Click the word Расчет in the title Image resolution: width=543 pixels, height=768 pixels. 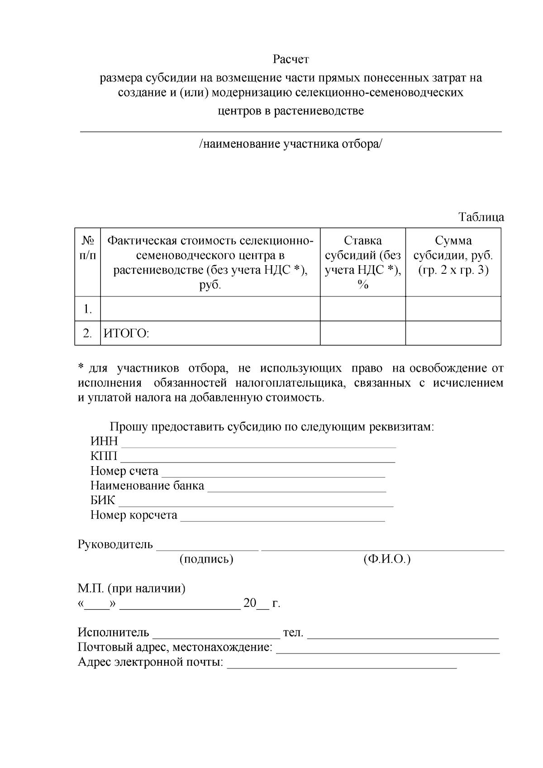pyautogui.click(x=291, y=59)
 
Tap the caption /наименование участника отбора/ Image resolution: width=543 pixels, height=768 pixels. pyautogui.click(x=291, y=144)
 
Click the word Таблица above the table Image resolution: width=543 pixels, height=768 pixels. pyautogui.click(x=481, y=217)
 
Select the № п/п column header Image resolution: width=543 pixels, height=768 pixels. pyautogui.click(x=88, y=248)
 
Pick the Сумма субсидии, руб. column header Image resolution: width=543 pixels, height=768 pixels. pyautogui.click(x=453, y=255)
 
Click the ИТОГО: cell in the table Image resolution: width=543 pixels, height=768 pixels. pyautogui.click(x=127, y=334)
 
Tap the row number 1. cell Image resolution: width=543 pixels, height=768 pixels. pyautogui.click(x=88, y=309)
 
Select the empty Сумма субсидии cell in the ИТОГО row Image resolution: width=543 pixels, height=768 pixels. pyautogui.click(x=453, y=333)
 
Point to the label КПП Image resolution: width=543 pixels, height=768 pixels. pyautogui.click(x=104, y=456)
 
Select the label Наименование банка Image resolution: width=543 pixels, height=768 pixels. pyautogui.click(x=147, y=486)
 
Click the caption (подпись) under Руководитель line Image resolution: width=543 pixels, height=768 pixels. pyautogui.click(x=206, y=559)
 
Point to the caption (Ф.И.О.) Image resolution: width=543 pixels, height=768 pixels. pyautogui.click(x=386, y=559)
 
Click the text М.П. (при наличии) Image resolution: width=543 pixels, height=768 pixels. pyautogui.click(x=132, y=589)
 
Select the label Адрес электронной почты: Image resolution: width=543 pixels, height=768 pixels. pyautogui.click(x=151, y=663)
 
